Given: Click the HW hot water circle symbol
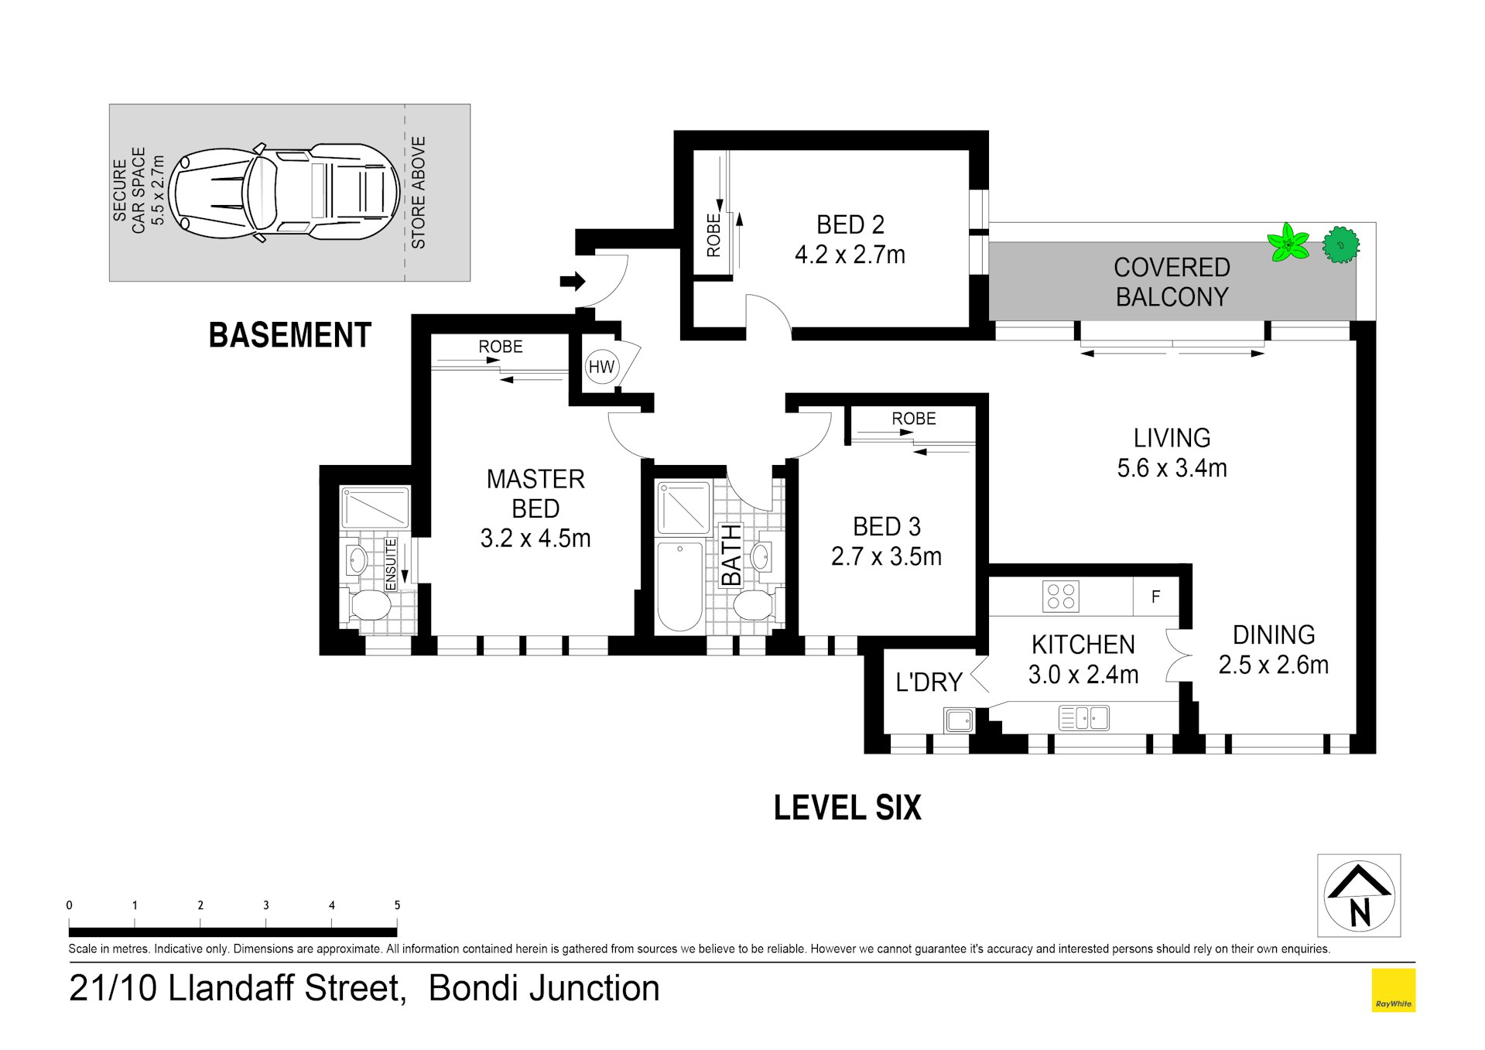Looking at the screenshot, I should click(601, 367).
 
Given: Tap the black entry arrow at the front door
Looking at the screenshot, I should click(573, 281).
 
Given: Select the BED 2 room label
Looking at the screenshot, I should click(850, 225).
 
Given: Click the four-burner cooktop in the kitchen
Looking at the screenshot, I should click(1060, 597).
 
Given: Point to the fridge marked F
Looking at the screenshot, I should click(1155, 597).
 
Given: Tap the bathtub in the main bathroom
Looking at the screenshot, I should click(679, 587).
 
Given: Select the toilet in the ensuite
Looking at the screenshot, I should click(369, 605).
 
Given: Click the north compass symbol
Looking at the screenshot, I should click(1359, 895).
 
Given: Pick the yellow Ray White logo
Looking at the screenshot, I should click(1393, 990).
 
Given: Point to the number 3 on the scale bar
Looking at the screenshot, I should click(266, 905).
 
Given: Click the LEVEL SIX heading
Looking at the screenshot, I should click(847, 808).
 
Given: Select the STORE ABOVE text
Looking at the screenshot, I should click(419, 193).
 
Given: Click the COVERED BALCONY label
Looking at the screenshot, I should click(1171, 282).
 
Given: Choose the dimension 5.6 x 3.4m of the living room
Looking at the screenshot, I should click(1172, 468).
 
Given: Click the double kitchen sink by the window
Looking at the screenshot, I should click(1083, 718).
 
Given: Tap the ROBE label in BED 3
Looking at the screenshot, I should click(913, 419).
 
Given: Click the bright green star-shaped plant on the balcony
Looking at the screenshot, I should click(1288, 243).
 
